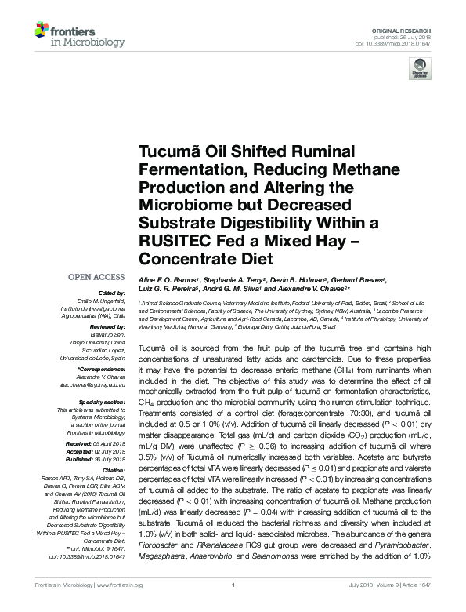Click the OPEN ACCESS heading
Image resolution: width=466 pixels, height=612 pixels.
point(98,277)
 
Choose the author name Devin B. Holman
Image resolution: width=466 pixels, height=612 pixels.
point(307,279)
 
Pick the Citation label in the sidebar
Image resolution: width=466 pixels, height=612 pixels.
point(112,469)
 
